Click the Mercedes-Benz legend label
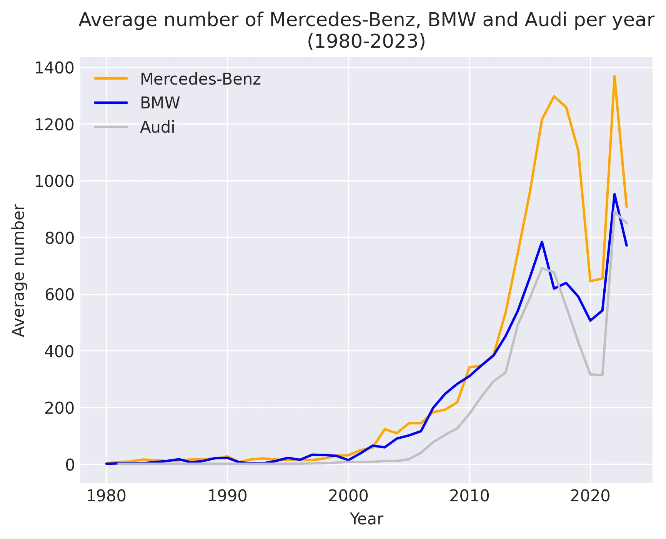point(200,79)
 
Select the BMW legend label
point(160,103)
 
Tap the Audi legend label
point(157,127)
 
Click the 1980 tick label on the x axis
point(107,496)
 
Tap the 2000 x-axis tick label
point(348,496)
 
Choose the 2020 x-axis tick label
point(590,496)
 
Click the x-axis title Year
point(366,519)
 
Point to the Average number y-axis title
point(18,270)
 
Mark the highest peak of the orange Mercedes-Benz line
point(614,76)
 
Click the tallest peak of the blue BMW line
point(614,194)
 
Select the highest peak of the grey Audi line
point(614,212)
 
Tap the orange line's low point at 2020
point(590,281)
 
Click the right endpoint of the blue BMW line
point(626,245)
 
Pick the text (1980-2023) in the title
point(366,42)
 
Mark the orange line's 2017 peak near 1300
point(554,96)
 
